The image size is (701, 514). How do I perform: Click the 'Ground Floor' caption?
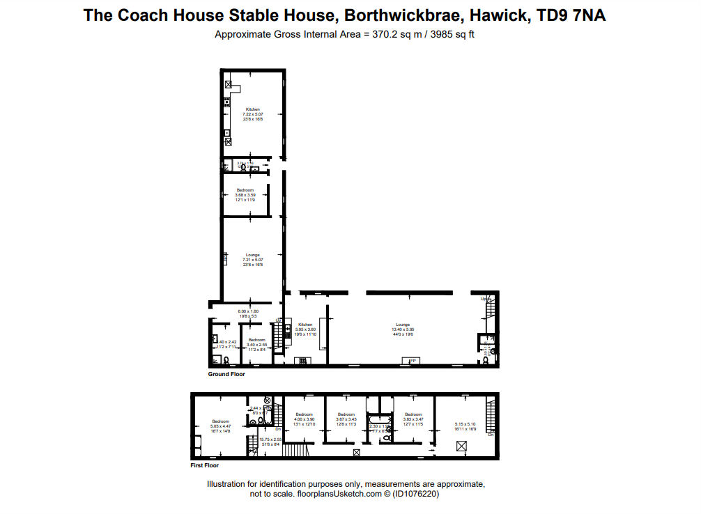coord(226,374)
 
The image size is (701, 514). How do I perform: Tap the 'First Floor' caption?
coord(205,465)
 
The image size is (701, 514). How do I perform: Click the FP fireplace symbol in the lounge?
coord(412,360)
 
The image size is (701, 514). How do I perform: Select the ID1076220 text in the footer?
coord(416,494)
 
